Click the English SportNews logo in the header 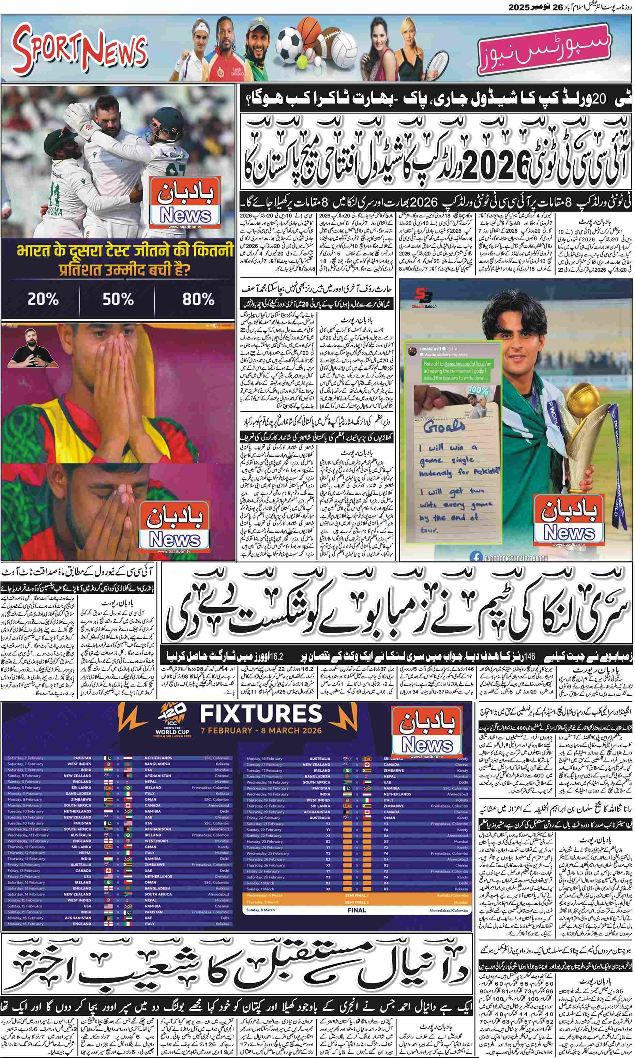click(79, 48)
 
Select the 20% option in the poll click(43, 299)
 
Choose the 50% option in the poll click(118, 299)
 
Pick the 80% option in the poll click(198, 299)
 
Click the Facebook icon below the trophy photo click(474, 557)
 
